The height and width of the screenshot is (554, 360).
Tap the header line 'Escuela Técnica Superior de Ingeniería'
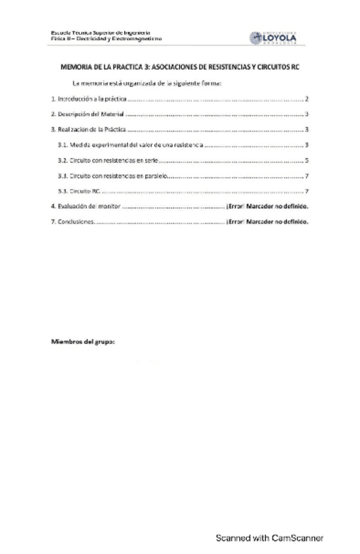click(101, 33)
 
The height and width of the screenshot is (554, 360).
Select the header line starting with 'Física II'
click(106, 39)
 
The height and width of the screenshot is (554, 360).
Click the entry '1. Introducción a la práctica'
click(88, 99)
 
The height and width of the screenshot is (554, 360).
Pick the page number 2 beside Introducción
click(306, 99)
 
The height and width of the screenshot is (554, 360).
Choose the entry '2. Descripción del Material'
click(87, 114)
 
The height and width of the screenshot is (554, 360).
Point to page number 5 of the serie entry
click(306, 160)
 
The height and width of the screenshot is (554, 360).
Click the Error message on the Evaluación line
click(267, 206)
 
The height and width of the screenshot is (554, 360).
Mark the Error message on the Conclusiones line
click(267, 221)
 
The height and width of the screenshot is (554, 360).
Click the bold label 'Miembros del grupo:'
click(83, 342)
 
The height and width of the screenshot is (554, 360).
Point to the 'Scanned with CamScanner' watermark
click(270, 538)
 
